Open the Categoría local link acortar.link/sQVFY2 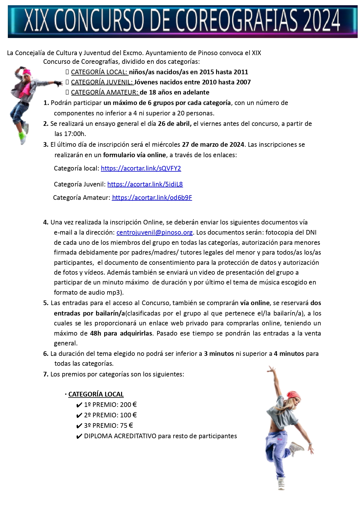pos(141,168)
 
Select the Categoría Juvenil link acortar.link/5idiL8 pos(145,184)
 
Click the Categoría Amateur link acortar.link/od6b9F pos(152,198)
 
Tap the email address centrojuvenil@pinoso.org pos(154,232)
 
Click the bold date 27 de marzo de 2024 pos(213,144)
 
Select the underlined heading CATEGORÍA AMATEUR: pos(105,92)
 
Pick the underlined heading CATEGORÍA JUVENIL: pos(102,82)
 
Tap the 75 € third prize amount pos(126,425)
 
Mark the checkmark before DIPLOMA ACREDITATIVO pos(79,436)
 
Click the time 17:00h pos(74,134)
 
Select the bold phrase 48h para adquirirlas pos(121,333)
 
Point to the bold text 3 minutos pos(219,354)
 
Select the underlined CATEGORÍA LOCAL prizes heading pos(96,394)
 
